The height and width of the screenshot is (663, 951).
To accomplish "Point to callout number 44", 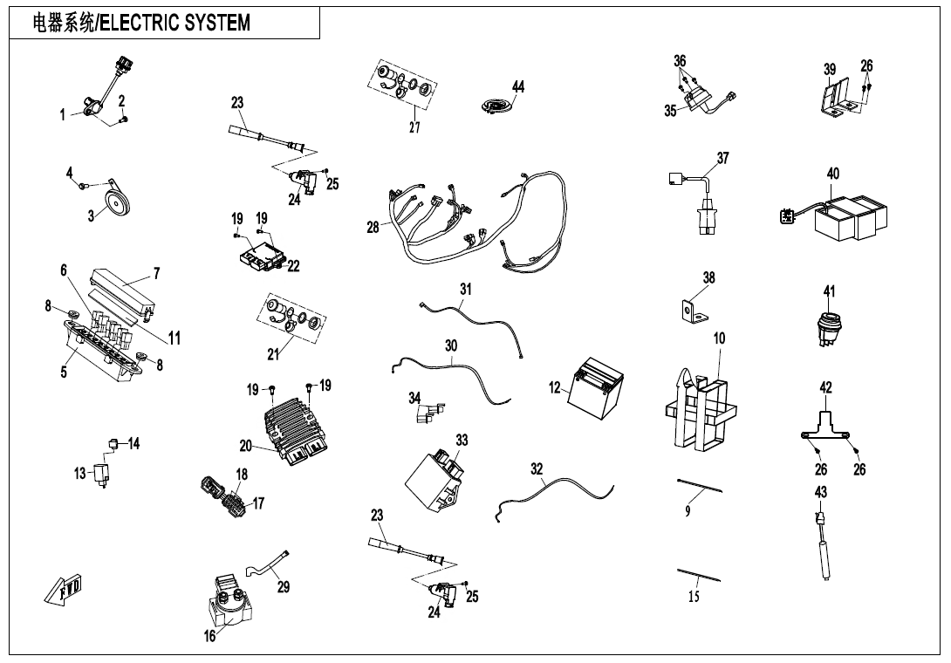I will [518, 86].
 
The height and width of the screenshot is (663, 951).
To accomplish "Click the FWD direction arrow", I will [64, 590].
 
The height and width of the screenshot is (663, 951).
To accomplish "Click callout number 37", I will [722, 158].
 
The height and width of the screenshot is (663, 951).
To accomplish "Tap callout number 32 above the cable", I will [537, 469].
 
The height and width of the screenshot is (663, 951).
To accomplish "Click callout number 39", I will [830, 70].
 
